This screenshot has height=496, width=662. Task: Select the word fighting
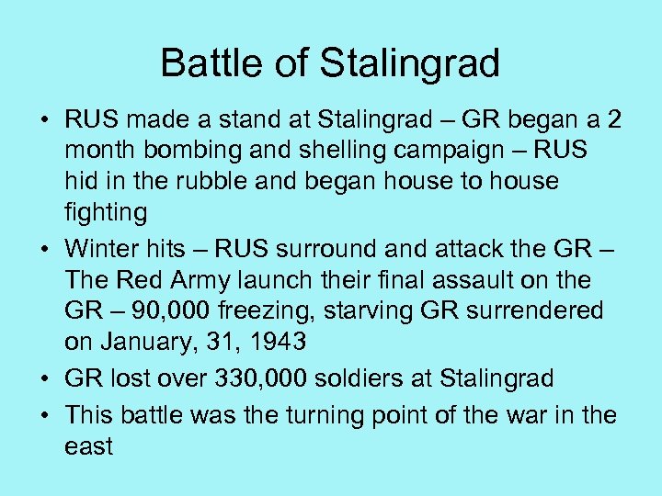(x=106, y=212)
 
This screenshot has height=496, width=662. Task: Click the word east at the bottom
(x=88, y=446)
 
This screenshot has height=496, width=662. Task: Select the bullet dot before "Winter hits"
(x=45, y=249)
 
